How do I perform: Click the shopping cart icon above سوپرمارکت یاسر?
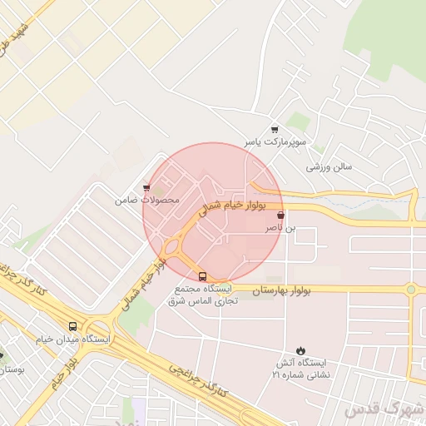275,130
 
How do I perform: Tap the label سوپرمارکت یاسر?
275,143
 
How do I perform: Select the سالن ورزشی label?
329,166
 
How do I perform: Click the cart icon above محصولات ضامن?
146,188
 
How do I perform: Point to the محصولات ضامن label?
146,201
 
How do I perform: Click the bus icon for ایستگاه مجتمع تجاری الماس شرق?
203,275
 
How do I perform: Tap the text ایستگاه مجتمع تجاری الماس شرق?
204,293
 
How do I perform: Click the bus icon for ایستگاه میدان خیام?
72,326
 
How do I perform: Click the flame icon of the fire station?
300,351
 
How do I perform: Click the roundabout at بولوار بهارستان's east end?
410,290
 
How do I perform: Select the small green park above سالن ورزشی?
300,122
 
